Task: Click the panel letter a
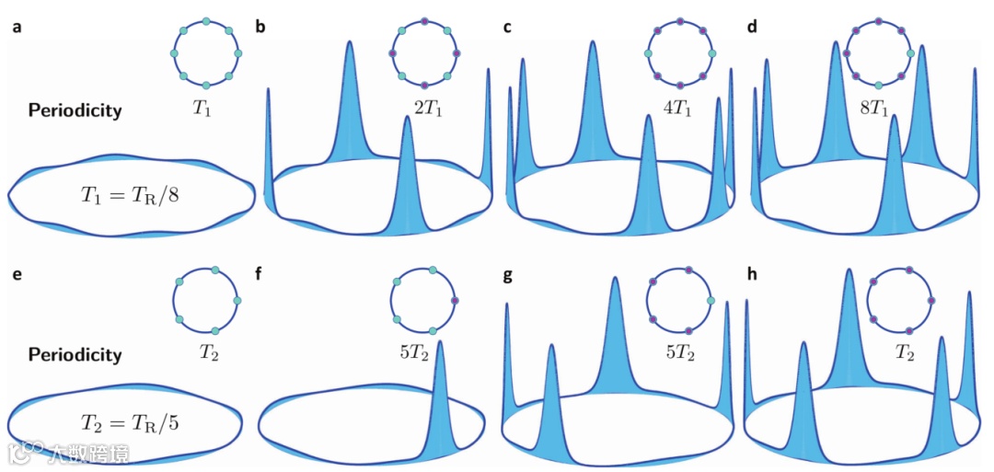point(16,27)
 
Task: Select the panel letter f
point(260,271)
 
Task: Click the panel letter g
point(507,271)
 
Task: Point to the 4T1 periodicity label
point(679,108)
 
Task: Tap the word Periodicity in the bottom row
point(75,353)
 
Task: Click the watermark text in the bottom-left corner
point(69,453)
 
